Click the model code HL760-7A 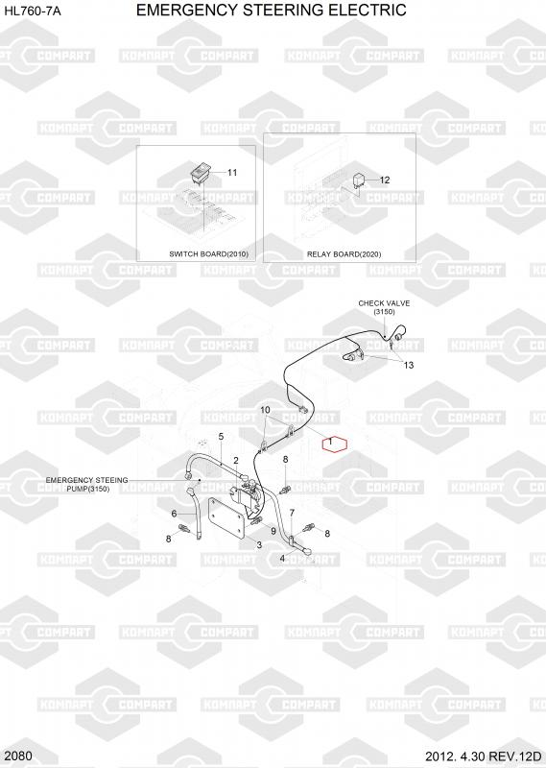pyautogui.click(x=33, y=11)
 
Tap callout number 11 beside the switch pyautogui.click(x=232, y=173)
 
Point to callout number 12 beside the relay pyautogui.click(x=385, y=180)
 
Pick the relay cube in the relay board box pyautogui.click(x=360, y=180)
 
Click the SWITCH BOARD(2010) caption pyautogui.click(x=208, y=254)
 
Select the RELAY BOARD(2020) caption pyautogui.click(x=344, y=254)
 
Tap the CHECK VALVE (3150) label pyautogui.click(x=384, y=307)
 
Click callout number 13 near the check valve pyautogui.click(x=408, y=365)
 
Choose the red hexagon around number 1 pyautogui.click(x=335, y=444)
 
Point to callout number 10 pyautogui.click(x=265, y=410)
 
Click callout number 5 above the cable pyautogui.click(x=222, y=437)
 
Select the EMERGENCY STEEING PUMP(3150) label pyautogui.click(x=86, y=485)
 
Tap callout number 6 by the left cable pyautogui.click(x=174, y=514)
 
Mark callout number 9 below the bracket pyautogui.click(x=273, y=532)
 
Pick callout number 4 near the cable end pyautogui.click(x=282, y=559)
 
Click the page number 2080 pyautogui.click(x=19, y=756)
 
